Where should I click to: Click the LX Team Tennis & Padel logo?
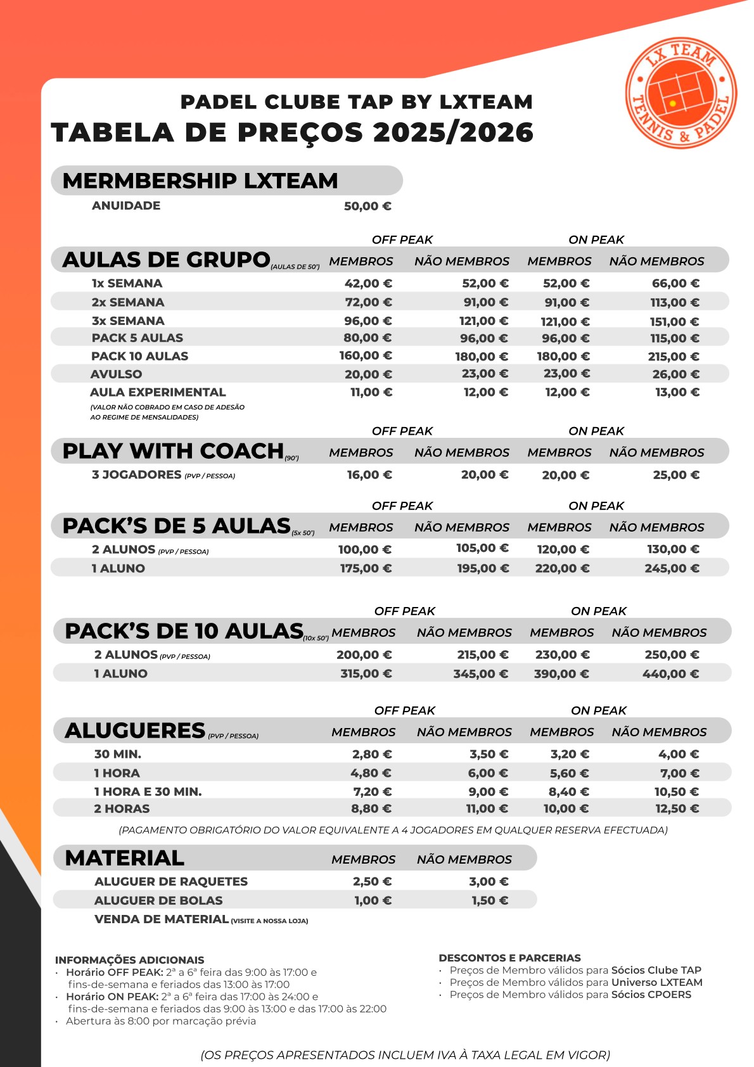click(681, 93)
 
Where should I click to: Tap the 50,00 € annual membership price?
click(367, 206)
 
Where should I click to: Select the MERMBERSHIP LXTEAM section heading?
click(200, 181)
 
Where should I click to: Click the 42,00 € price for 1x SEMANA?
click(368, 283)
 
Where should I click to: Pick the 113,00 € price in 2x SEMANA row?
click(675, 303)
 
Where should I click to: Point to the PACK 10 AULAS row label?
click(139, 356)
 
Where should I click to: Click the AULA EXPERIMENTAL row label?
click(158, 392)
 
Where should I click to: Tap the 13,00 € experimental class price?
click(677, 392)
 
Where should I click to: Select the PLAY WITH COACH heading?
click(173, 450)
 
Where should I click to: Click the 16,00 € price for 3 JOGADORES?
click(369, 475)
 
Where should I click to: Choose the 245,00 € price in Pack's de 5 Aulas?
click(672, 568)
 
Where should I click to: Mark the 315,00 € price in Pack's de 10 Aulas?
click(366, 674)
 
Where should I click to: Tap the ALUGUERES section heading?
click(135, 731)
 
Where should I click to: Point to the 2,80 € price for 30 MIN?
click(372, 754)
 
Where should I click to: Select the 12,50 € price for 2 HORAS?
click(677, 808)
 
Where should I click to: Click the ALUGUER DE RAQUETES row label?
click(171, 881)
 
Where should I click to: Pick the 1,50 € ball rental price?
click(490, 900)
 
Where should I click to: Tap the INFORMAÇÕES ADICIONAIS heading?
click(129, 960)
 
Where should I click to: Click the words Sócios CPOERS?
click(651, 995)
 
